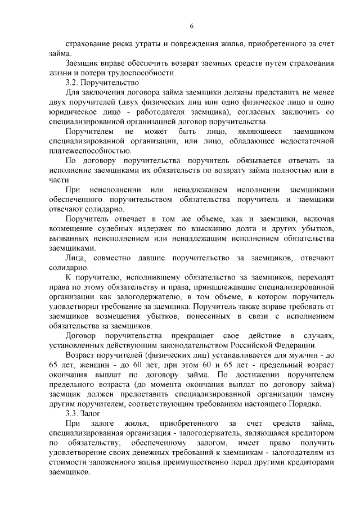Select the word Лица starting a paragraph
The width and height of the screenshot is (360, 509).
[x=75, y=258]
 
